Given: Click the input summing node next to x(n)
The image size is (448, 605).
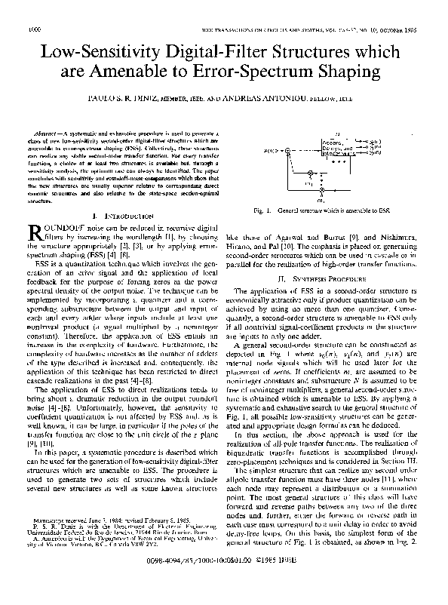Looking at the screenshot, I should pos(288,150).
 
